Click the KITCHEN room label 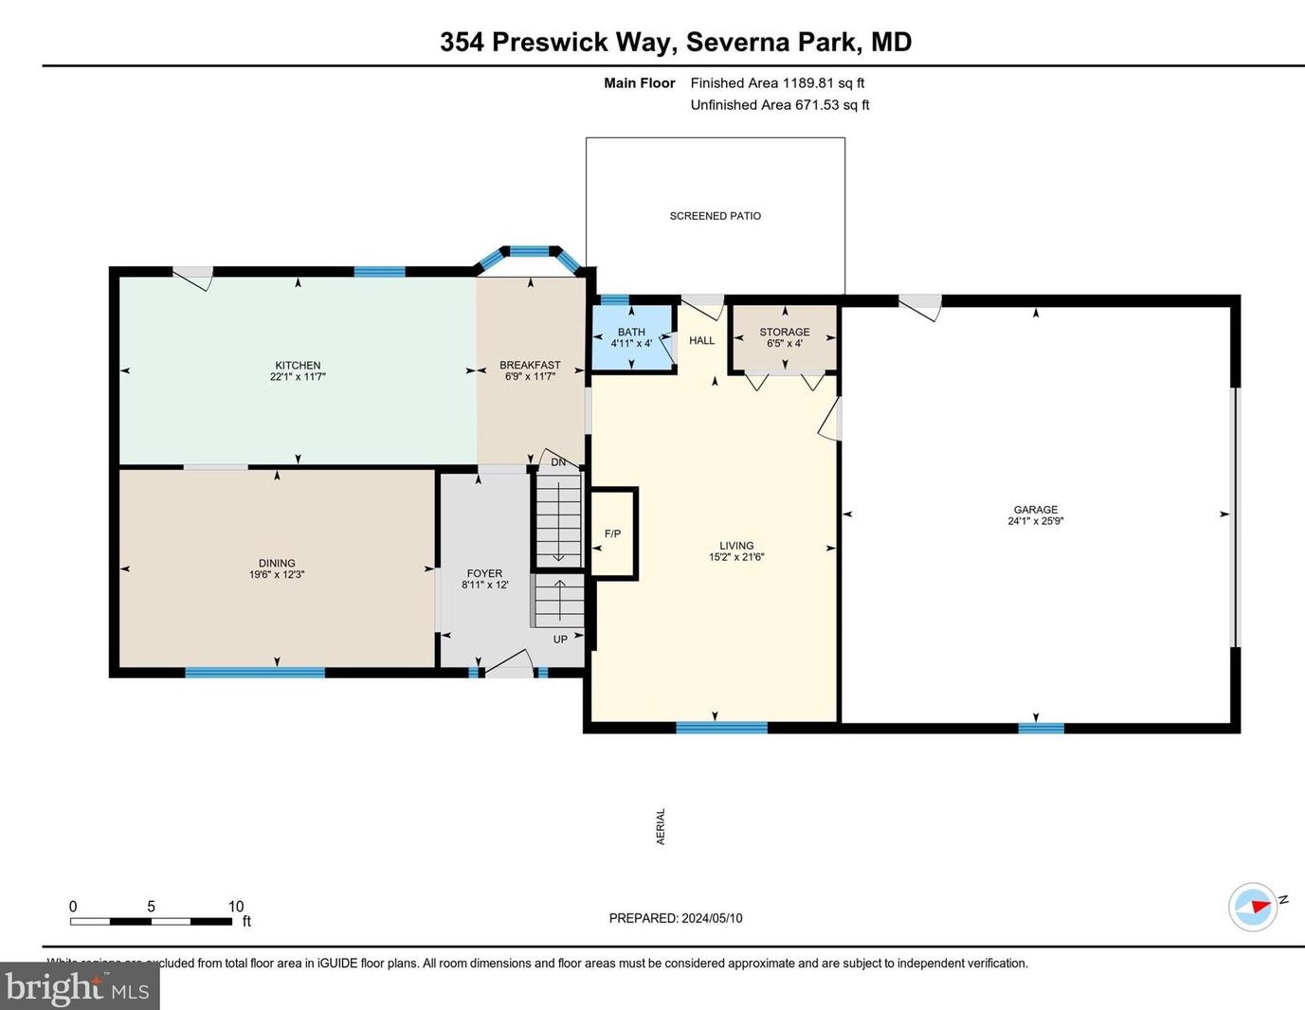pos(298,365)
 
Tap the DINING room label pos(277,563)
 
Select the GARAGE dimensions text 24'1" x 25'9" pos(1035,521)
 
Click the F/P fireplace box pos(613,533)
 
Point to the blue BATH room pos(632,337)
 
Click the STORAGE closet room pos(784,337)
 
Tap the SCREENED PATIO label pos(715,216)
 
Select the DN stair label pos(558,462)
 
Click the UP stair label pos(560,640)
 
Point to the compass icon pos(1253,907)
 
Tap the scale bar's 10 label pos(235,907)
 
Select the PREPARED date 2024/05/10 pos(675,918)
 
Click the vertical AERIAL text pos(661,826)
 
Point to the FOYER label pos(484,573)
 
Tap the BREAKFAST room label pos(530,365)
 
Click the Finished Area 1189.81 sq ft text pos(777,83)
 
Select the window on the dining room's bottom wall pos(255,673)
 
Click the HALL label pos(701,340)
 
